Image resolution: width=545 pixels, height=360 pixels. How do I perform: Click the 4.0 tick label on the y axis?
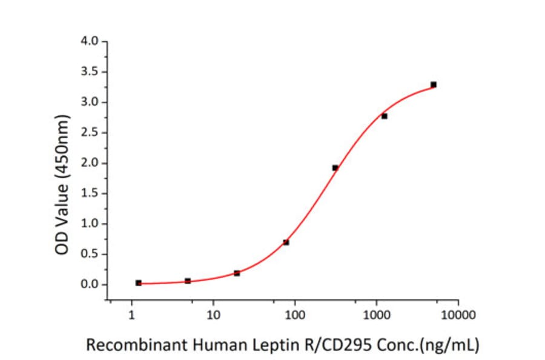90,42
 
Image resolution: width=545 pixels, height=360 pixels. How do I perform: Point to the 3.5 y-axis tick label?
90,72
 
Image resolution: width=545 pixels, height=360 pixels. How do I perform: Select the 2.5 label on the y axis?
90,133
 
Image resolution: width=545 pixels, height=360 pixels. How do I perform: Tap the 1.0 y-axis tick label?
90,224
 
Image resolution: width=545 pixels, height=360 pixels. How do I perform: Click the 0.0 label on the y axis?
90,284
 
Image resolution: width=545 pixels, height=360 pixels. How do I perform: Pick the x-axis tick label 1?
132,316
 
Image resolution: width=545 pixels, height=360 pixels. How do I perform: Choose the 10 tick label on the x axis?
213,316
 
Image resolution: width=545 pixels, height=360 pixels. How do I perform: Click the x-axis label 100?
294,316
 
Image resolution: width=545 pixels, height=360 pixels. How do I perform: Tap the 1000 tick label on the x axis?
376,316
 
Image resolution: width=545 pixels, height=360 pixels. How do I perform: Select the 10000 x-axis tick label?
458,316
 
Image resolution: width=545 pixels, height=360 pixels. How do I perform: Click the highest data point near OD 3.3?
434,84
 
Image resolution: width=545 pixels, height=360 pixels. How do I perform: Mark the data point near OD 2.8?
385,116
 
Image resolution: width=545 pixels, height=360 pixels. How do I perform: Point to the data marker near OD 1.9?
335,167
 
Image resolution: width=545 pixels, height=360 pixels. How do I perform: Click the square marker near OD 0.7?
286,242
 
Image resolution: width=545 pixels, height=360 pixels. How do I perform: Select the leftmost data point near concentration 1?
139,283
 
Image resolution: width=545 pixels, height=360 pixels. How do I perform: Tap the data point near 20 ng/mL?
237,273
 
